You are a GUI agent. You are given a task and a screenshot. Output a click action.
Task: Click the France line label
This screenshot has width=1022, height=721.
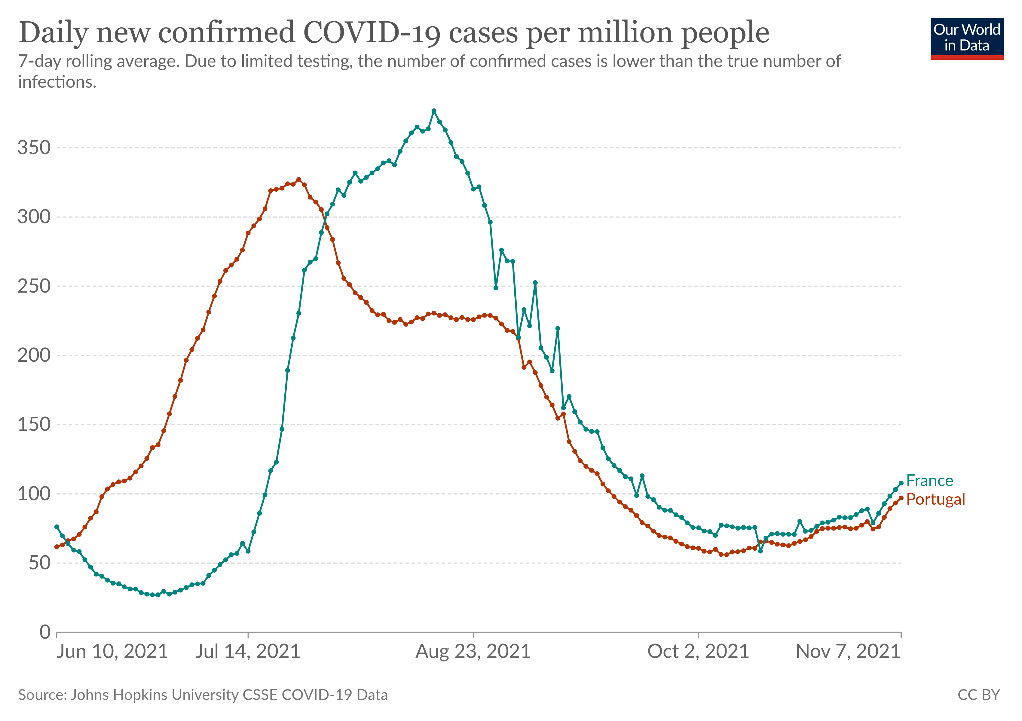click(929, 481)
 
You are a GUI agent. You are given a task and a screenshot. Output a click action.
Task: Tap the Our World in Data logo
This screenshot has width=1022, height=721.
click(966, 38)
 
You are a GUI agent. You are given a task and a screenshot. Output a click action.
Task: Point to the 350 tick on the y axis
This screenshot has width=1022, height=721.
click(34, 148)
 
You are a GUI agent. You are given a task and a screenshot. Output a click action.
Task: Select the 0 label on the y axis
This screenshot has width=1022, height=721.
click(45, 631)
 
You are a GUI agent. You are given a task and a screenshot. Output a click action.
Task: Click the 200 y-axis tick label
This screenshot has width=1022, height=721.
click(34, 355)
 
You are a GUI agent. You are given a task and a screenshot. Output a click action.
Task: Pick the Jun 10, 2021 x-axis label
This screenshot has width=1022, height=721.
click(112, 652)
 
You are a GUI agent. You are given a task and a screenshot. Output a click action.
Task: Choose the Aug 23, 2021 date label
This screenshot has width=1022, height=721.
click(473, 652)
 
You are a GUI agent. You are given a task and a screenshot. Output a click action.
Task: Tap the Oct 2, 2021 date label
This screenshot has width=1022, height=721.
click(698, 652)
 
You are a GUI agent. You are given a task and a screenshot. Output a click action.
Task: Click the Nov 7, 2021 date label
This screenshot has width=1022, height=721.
click(848, 652)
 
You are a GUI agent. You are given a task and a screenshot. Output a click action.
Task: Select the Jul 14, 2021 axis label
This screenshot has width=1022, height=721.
click(248, 652)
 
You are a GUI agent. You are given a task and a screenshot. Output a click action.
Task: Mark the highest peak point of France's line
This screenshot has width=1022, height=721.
click(434, 111)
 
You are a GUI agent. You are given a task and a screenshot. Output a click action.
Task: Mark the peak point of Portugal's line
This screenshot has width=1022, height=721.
click(299, 180)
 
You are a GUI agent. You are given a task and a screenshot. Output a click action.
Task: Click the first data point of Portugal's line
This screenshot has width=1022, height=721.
click(57, 547)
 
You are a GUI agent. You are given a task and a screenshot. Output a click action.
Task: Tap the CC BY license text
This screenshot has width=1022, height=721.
click(978, 695)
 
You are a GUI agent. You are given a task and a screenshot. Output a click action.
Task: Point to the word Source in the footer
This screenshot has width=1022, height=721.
click(41, 695)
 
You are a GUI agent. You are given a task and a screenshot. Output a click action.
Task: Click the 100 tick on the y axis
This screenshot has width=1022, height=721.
click(34, 494)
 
